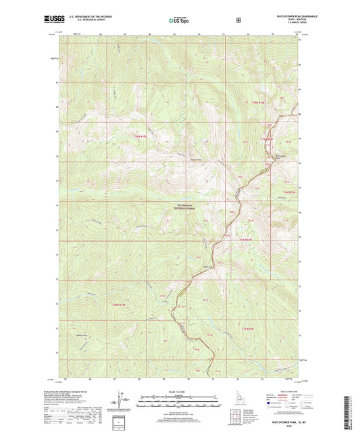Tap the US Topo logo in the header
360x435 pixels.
(178, 21)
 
